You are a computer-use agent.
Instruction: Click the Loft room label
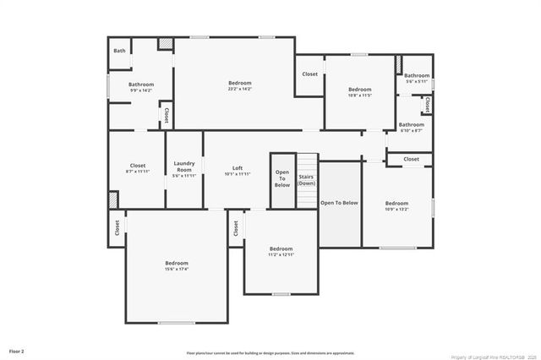point(238,167)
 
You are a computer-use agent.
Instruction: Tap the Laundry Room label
point(184,166)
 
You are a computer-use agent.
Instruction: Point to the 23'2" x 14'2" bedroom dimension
point(240,89)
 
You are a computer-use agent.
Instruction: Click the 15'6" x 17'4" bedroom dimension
point(177,270)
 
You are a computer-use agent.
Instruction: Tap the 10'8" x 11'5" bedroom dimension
point(360,95)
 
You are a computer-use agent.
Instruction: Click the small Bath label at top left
point(120,51)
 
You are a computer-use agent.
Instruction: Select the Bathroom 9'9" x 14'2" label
point(141,86)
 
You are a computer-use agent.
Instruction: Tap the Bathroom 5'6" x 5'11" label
point(417,78)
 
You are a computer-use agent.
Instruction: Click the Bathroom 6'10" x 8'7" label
point(412,128)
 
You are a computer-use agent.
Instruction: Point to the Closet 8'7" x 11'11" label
point(137,168)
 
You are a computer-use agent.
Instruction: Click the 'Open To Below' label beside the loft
point(282,178)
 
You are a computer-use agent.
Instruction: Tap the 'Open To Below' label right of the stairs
point(339,203)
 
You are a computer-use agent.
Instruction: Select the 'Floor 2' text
point(17,350)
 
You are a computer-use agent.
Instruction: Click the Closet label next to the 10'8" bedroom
point(310,74)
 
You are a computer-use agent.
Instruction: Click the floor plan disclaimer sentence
point(270,352)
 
